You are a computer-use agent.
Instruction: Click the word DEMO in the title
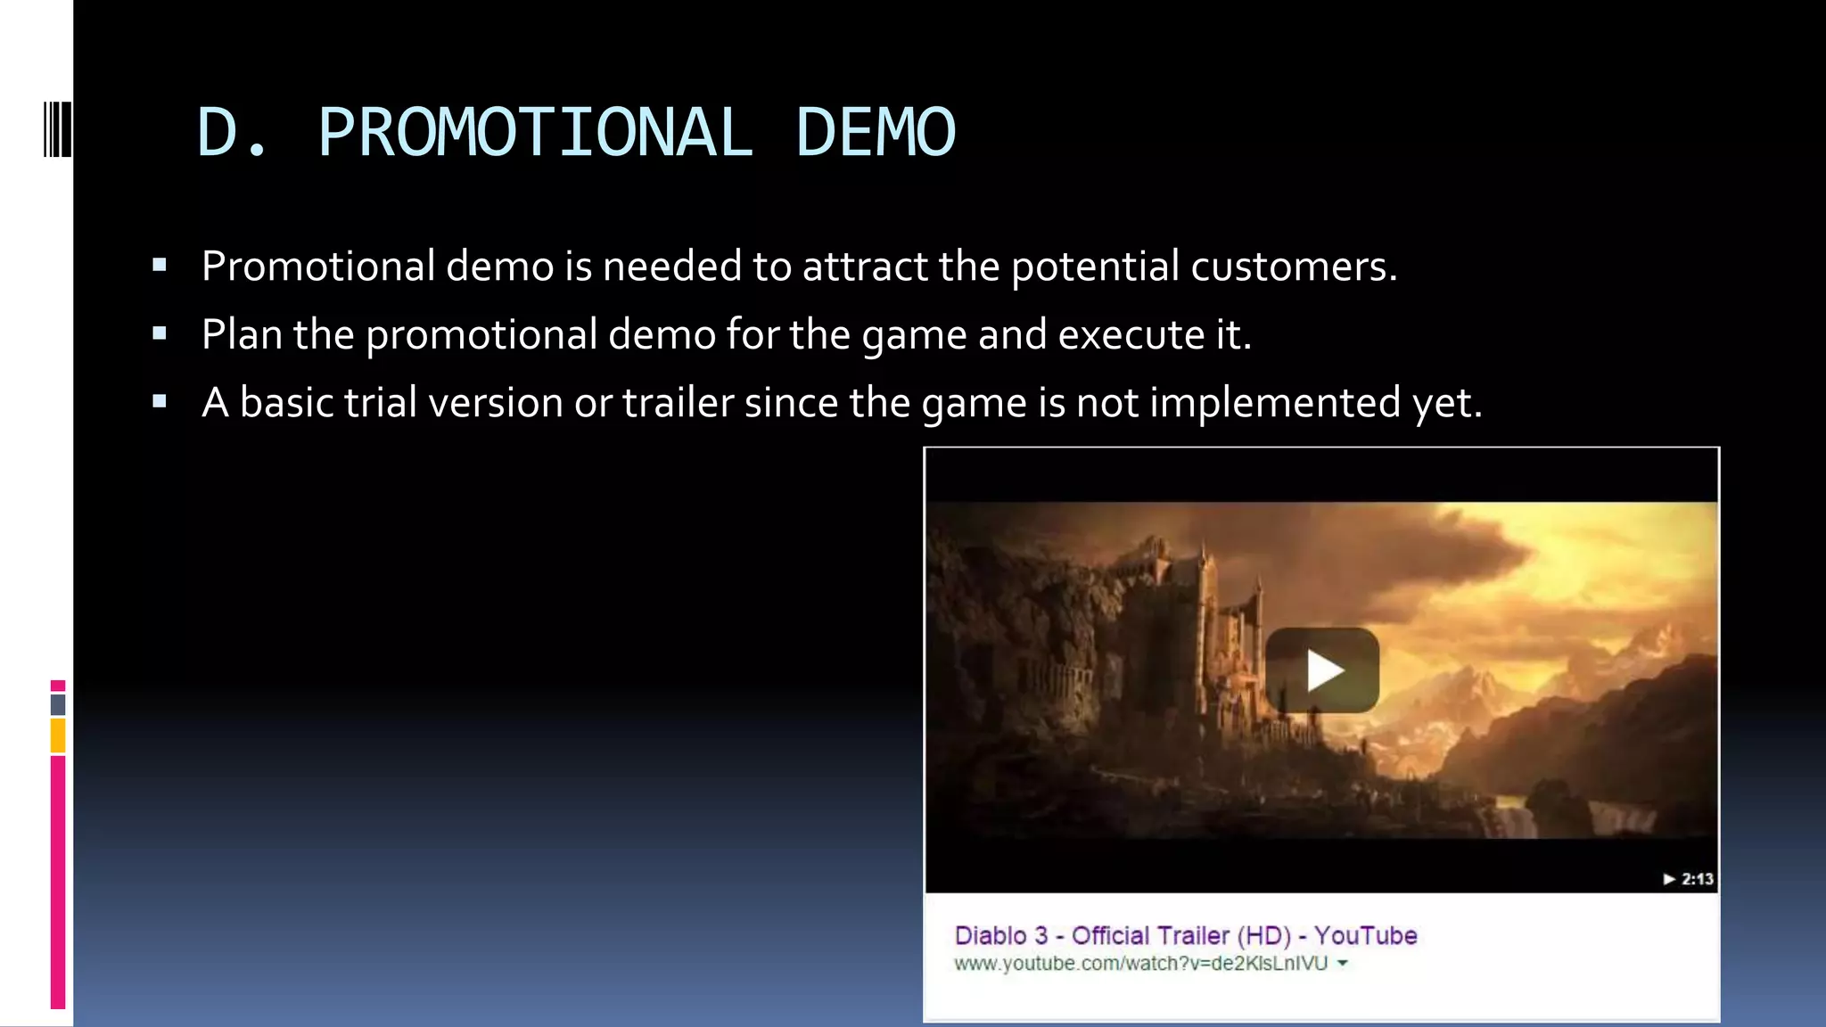click(875, 133)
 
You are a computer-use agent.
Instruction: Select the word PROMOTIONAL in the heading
click(535, 133)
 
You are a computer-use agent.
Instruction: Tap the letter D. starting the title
click(231, 133)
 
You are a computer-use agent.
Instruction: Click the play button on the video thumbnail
click(1321, 670)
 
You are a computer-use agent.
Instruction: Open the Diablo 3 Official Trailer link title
click(1185, 935)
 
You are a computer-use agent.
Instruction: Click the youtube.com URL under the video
click(1140, 964)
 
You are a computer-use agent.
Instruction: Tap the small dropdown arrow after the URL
click(1343, 964)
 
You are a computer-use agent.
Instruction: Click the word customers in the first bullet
click(1293, 267)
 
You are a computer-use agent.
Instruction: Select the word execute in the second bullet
click(1131, 335)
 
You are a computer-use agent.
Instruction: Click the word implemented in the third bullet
click(1275, 403)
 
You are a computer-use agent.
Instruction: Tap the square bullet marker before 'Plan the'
click(160, 334)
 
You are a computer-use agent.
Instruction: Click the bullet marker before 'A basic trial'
click(160, 402)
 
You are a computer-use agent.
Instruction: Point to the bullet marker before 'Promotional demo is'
click(160, 266)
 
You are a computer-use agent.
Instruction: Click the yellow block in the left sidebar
click(58, 736)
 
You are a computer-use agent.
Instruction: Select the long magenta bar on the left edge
click(58, 883)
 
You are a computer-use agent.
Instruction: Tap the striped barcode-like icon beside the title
click(57, 130)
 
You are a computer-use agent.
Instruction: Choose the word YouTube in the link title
click(1365, 935)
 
